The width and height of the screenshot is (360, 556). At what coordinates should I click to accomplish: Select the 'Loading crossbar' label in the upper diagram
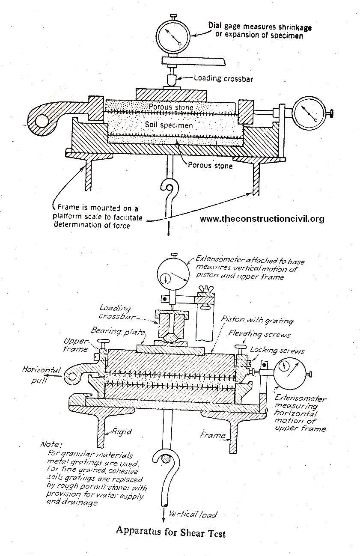[220, 78]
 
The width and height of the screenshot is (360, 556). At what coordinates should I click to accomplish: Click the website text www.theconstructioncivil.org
[262, 219]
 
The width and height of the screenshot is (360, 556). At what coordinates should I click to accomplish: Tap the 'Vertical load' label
[193, 514]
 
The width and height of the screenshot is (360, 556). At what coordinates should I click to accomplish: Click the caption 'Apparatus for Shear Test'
[170, 532]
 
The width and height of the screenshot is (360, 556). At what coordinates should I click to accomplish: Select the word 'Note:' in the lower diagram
[51, 445]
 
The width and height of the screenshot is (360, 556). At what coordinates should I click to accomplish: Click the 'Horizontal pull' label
[42, 374]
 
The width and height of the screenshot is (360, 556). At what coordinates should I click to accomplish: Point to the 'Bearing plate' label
[112, 331]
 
